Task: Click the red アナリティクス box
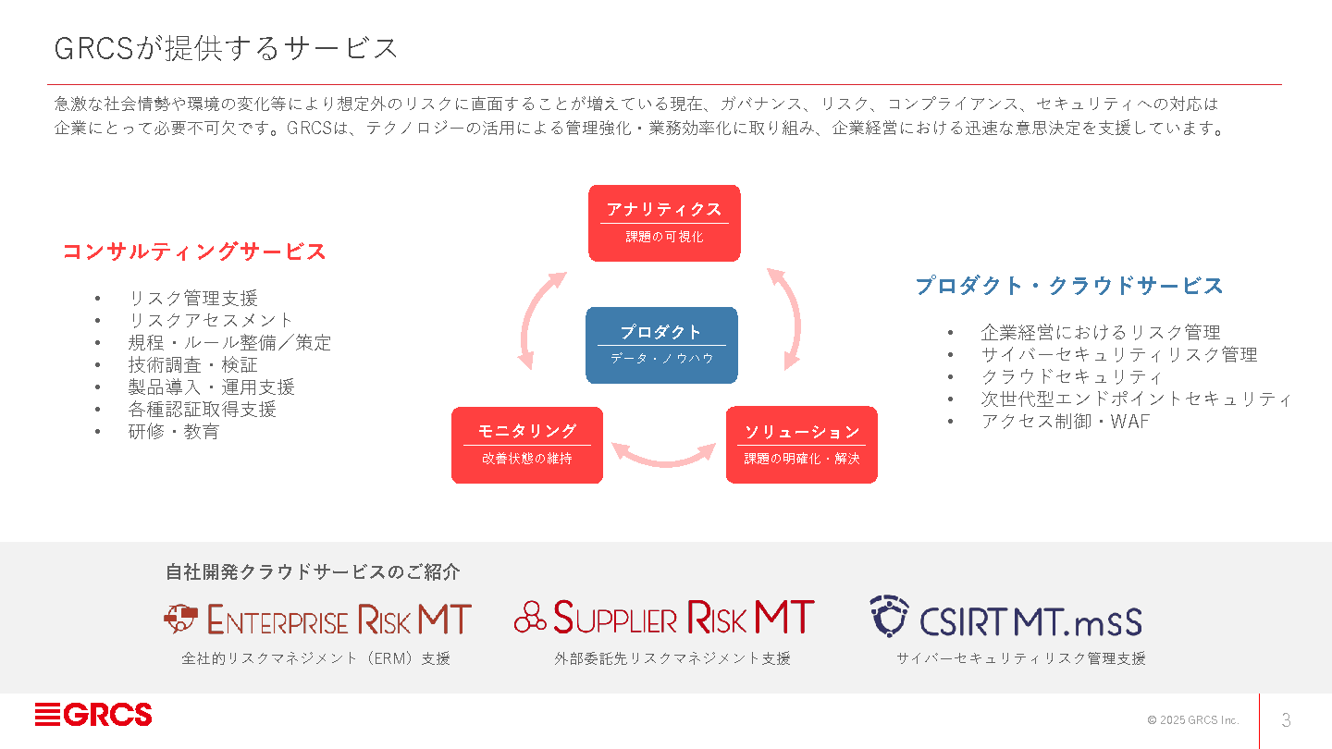pos(664,223)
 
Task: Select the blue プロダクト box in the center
pos(661,345)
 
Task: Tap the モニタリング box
pos(527,445)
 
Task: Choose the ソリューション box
pos(801,445)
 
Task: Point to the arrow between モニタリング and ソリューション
pos(664,454)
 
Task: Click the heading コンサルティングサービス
pos(194,252)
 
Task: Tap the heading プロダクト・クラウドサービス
pos(1069,286)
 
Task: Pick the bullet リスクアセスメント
pos(210,320)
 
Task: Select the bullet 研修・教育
pos(173,431)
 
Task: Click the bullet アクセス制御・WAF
pos(1065,422)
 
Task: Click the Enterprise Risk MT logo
pos(317,619)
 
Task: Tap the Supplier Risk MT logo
pos(664,618)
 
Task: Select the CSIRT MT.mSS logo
pos(1005,618)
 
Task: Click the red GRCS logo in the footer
pos(93,715)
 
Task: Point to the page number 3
pos(1286,720)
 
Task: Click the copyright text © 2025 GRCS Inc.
pos(1192,720)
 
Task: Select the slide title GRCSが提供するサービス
pos(226,48)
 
